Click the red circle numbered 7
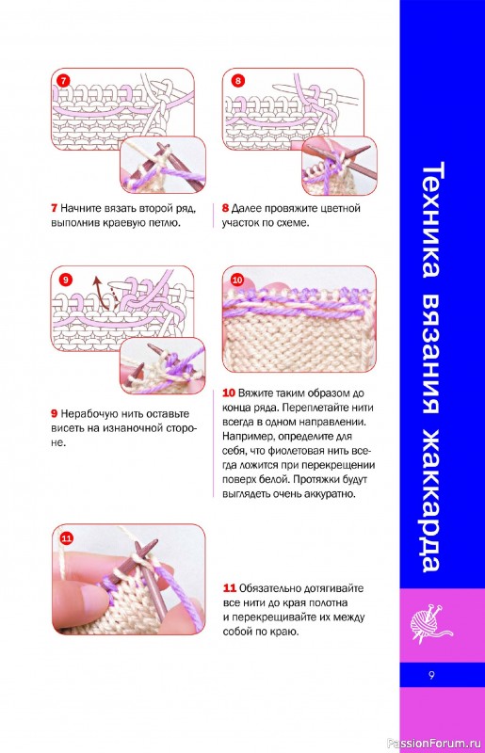pyautogui.click(x=63, y=80)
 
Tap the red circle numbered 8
pyautogui.click(x=237, y=80)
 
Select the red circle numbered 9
pyautogui.click(x=65, y=280)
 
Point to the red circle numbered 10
pyautogui.click(x=237, y=280)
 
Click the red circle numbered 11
pyautogui.click(x=66, y=537)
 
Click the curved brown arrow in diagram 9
pyautogui.click(x=100, y=292)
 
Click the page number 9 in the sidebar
pyautogui.click(x=431, y=675)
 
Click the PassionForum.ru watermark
pyautogui.click(x=434, y=743)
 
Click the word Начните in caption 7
pyautogui.click(x=80, y=208)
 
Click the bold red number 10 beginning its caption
pyautogui.click(x=229, y=393)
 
